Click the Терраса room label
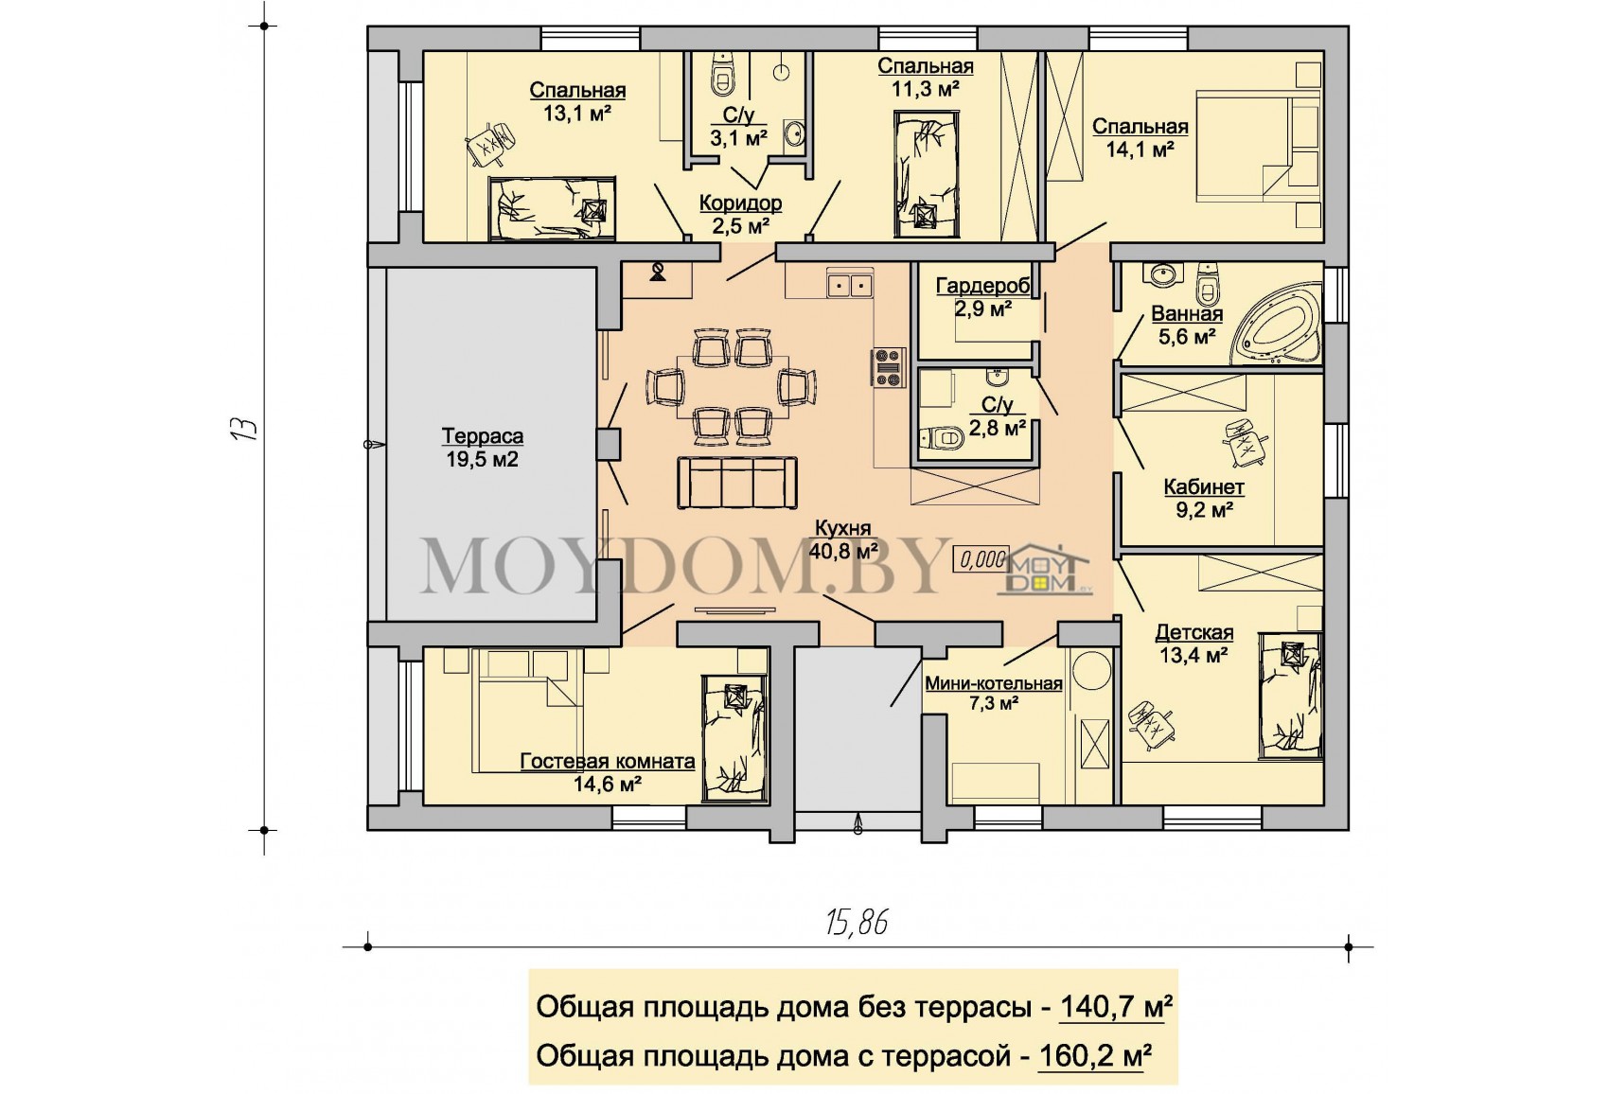[x=482, y=436]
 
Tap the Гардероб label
[x=982, y=286]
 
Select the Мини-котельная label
[x=994, y=683]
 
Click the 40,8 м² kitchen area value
[x=843, y=551]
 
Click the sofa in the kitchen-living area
[x=737, y=483]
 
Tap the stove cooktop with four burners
[x=889, y=367]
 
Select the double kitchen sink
[x=850, y=285]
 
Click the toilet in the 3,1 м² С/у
[x=721, y=76]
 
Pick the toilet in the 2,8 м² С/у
[x=941, y=436]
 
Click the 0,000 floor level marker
[x=981, y=559]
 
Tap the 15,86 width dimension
[x=857, y=923]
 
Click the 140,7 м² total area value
[x=1116, y=1007]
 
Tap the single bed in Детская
[x=1290, y=696]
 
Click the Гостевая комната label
[x=608, y=762]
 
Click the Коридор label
[x=740, y=203]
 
